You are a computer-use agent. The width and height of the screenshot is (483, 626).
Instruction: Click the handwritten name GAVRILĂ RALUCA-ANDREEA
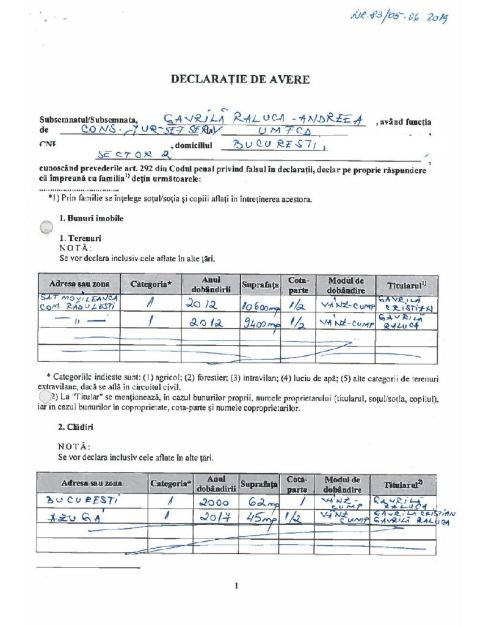263,120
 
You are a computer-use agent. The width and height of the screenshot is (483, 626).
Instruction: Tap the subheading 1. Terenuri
80,238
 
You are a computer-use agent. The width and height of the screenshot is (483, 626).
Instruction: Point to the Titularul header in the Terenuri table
406,285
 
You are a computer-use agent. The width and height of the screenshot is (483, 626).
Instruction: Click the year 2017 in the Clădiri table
216,518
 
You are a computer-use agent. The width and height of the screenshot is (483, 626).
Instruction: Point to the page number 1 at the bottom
236,586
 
